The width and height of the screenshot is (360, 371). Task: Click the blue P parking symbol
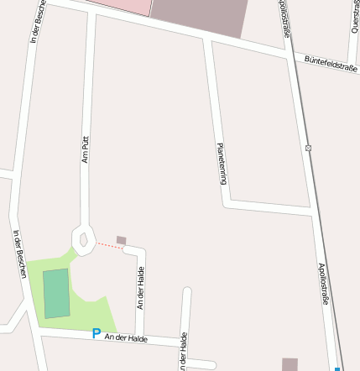[97, 333]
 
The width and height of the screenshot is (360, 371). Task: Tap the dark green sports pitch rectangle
[57, 293]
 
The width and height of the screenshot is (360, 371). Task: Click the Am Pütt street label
[86, 149]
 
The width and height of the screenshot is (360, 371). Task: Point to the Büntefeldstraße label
[331, 64]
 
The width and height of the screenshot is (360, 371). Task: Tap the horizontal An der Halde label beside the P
[126, 337]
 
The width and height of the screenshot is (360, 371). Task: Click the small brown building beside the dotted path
[122, 241]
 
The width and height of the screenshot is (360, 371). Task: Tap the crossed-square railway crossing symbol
[309, 149]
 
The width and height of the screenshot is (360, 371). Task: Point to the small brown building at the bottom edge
[290, 364]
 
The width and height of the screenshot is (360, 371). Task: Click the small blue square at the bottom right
[337, 368]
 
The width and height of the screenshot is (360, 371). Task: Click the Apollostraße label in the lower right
[323, 284]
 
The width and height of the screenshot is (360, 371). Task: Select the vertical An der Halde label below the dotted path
[141, 287]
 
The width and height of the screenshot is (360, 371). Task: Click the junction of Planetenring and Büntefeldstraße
[206, 38]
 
